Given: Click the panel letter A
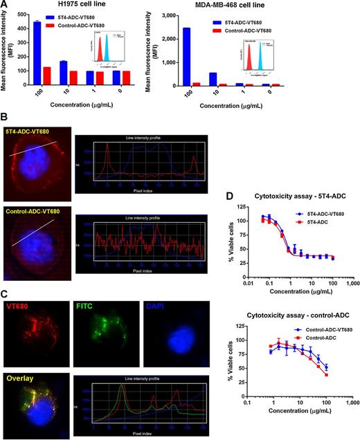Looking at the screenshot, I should tap(6, 6).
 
